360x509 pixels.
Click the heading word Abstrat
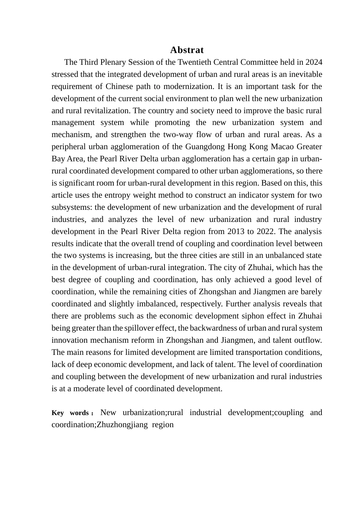click(x=187, y=50)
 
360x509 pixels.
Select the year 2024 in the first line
click(x=314, y=62)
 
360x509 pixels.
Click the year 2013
click(x=236, y=231)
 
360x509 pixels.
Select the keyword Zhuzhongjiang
click(x=122, y=425)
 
